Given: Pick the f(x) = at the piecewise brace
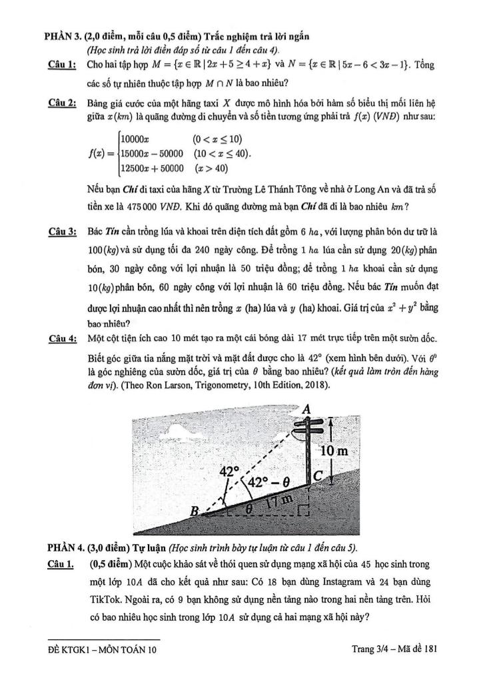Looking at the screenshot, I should [101, 153].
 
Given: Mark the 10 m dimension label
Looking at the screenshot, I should [334, 452].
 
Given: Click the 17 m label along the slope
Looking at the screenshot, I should [277, 500].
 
